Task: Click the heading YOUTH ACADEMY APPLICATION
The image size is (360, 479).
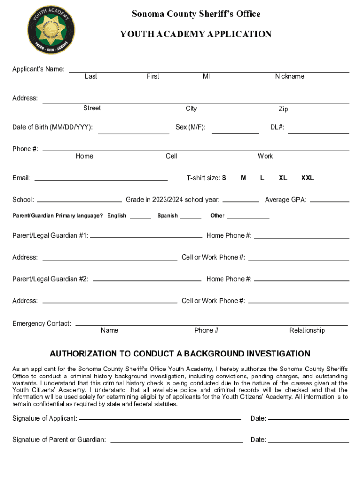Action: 195,34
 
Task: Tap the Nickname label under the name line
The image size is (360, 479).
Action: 289,76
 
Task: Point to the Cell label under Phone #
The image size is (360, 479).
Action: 171,156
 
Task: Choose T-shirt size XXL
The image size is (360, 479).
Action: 307,178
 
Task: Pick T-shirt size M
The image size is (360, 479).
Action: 244,178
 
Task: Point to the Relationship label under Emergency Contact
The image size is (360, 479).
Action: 307,330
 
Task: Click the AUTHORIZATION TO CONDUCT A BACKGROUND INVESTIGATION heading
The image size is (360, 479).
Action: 180,354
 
